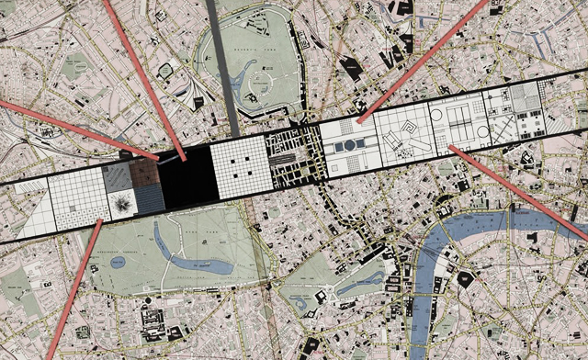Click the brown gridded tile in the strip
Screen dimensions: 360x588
pos(145,174)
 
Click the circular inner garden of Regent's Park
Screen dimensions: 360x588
pos(263,83)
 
